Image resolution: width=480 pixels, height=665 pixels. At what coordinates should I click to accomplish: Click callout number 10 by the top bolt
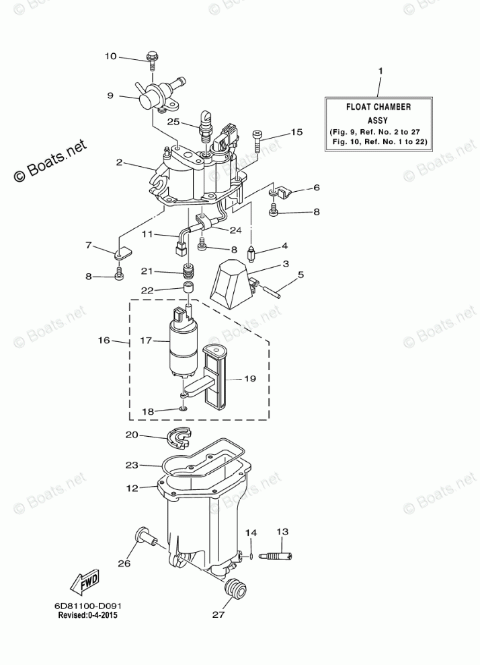(x=111, y=56)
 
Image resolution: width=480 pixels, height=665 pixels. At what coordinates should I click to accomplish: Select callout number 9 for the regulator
(x=111, y=96)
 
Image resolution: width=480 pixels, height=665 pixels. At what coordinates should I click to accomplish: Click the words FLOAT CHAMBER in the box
(x=378, y=106)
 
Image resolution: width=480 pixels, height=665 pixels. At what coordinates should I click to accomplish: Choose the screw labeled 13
(x=278, y=556)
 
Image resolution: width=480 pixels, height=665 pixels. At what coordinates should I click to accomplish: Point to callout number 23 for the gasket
(x=131, y=464)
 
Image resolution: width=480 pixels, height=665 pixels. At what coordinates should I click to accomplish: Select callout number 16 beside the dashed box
(x=103, y=341)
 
